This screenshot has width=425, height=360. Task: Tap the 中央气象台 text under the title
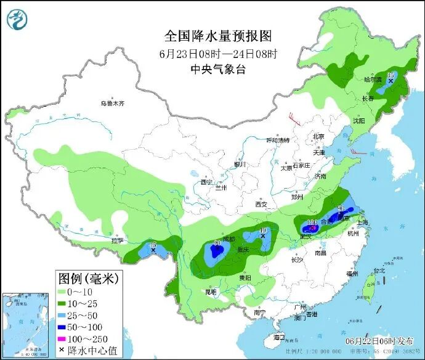pos(218,69)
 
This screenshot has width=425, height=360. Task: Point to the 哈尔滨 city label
pos(373,80)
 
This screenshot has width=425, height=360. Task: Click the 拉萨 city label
pos(117,240)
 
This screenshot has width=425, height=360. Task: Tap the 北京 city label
pos(318,137)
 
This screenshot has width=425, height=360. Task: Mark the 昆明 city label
pos(211,291)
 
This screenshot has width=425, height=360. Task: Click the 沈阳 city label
pos(358,120)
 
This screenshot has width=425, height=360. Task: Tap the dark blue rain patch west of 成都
pos(216,251)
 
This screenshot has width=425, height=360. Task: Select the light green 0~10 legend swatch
pos(63,291)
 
